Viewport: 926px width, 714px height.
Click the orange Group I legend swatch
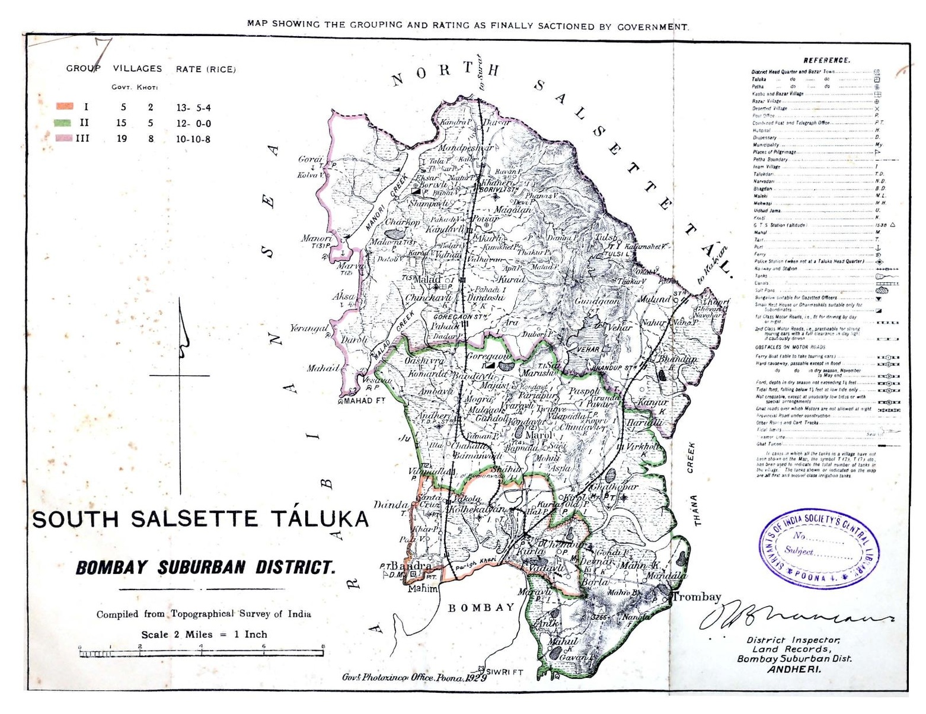point(65,107)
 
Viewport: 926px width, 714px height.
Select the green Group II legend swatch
point(63,123)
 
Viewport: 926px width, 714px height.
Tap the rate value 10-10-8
point(193,139)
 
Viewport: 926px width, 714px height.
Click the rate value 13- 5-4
point(193,108)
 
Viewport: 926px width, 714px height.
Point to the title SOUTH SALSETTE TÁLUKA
point(200,519)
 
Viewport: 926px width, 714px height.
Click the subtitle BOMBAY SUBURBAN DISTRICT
point(205,568)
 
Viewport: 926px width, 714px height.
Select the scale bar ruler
point(201,653)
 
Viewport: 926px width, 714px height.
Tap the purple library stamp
point(819,549)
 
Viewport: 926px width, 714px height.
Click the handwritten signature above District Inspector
point(794,617)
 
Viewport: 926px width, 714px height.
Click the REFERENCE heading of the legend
point(826,60)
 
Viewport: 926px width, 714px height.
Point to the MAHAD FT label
point(365,401)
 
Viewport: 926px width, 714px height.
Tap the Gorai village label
point(310,160)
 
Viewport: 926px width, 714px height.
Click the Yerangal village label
point(309,329)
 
